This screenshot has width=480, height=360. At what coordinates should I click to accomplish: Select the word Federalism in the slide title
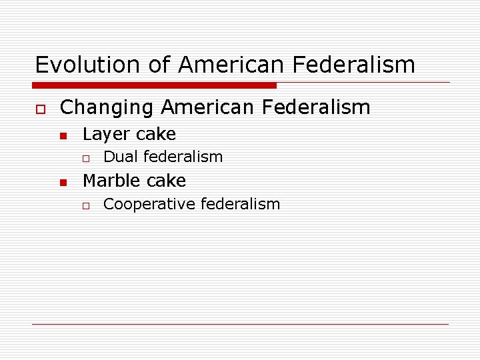pyautogui.click(x=364, y=65)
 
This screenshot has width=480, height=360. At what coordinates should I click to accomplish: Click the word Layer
pyautogui.click(x=103, y=134)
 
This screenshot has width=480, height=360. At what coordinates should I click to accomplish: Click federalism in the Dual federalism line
pyautogui.click(x=182, y=157)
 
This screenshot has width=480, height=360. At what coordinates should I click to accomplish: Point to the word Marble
pyautogui.click(x=109, y=181)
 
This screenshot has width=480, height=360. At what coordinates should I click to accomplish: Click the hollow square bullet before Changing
pyautogui.click(x=40, y=109)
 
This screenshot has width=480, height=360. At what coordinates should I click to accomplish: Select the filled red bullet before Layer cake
pyautogui.click(x=62, y=135)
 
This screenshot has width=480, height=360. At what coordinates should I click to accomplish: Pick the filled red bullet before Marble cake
pyautogui.click(x=62, y=182)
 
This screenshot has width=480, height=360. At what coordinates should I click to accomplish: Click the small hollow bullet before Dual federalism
pyautogui.click(x=85, y=158)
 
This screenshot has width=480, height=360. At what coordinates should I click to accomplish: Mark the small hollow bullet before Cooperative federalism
pyautogui.click(x=85, y=205)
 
